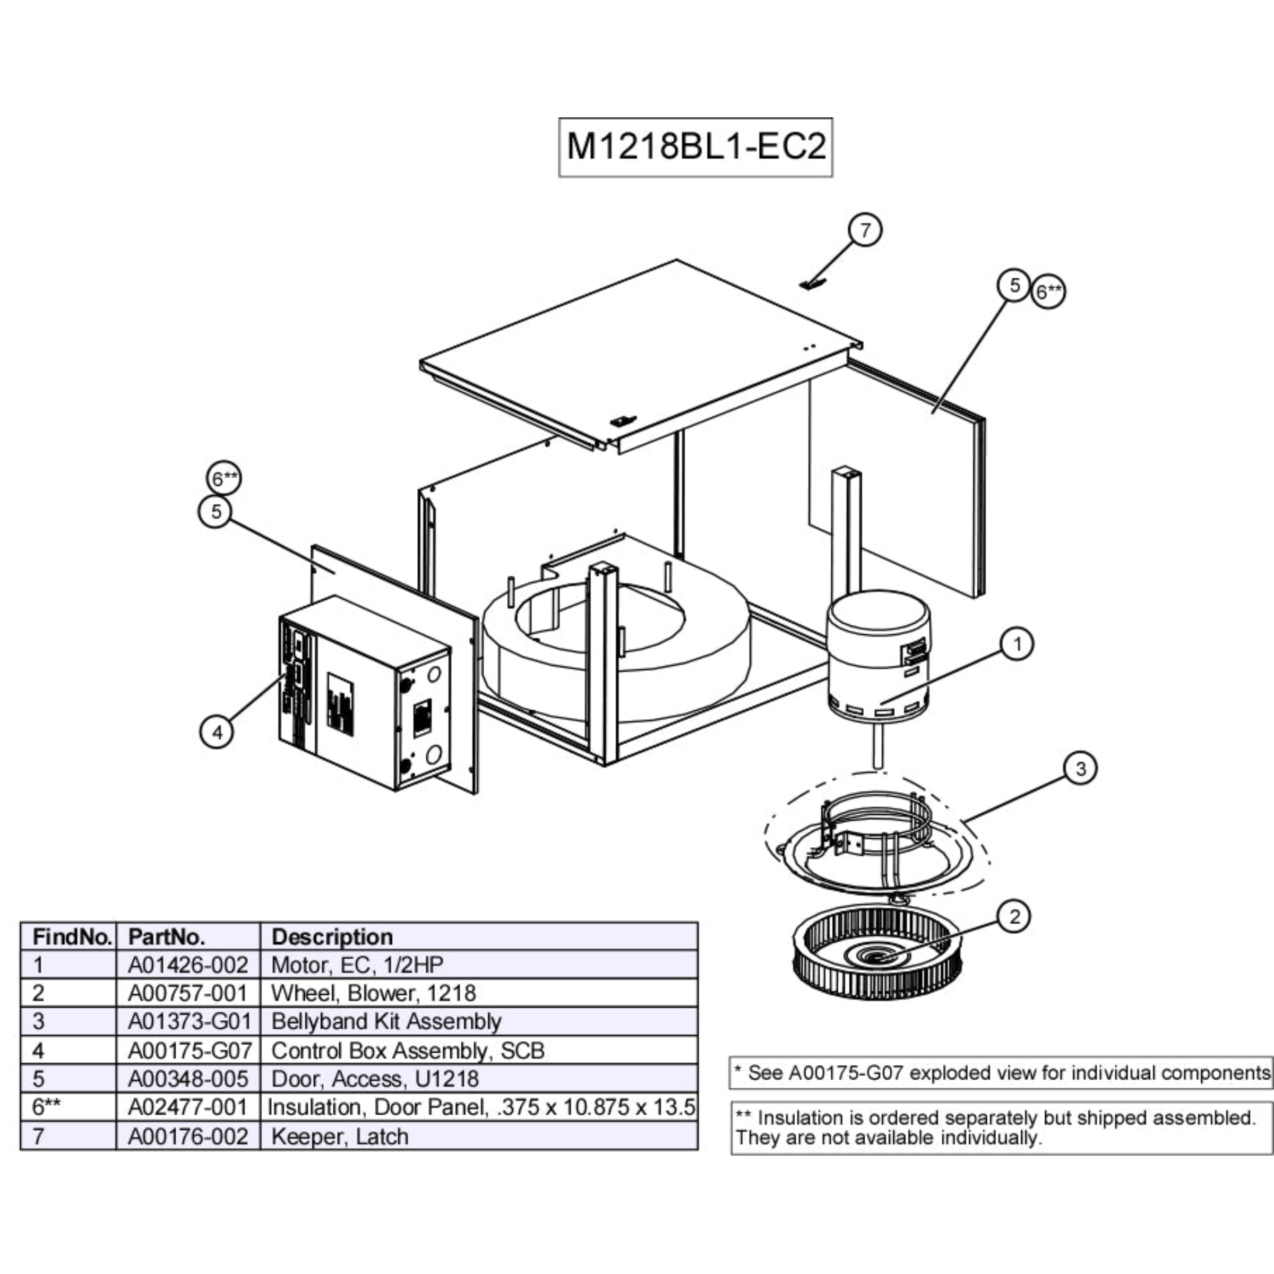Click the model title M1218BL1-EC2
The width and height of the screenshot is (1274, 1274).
pos(696,147)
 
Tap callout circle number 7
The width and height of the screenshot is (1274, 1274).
pos(865,230)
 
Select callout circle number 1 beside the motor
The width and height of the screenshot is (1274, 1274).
pos(1017,643)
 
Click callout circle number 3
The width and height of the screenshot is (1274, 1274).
pos(1080,768)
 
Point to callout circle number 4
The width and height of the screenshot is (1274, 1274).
pos(217,731)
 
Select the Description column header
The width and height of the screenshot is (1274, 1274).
pos(332,936)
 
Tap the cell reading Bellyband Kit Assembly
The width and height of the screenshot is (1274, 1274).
pos(386,1021)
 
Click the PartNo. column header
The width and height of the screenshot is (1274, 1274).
pos(166,936)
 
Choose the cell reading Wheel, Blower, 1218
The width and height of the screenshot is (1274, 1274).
pos(373,993)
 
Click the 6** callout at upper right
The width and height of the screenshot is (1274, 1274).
pos(1048,291)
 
